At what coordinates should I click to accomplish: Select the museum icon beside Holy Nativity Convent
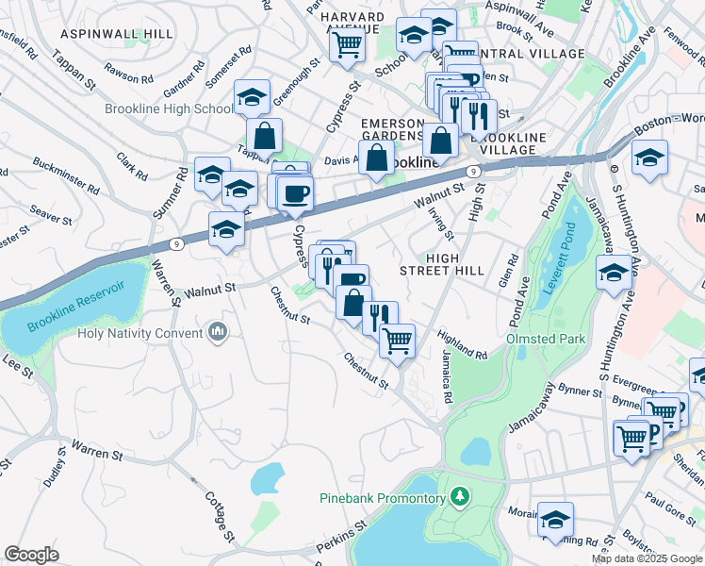(219, 332)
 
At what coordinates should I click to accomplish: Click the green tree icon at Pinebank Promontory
(460, 495)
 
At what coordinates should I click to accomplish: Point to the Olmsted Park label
(546, 339)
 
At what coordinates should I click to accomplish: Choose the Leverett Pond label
(568, 260)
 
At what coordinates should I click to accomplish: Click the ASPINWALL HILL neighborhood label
(117, 33)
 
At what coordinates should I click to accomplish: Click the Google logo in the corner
(32, 556)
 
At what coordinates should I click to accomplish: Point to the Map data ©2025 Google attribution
(646, 558)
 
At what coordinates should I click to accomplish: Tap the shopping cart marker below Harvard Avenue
(348, 43)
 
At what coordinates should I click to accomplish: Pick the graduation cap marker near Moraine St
(555, 518)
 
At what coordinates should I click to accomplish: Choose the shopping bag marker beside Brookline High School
(265, 136)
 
